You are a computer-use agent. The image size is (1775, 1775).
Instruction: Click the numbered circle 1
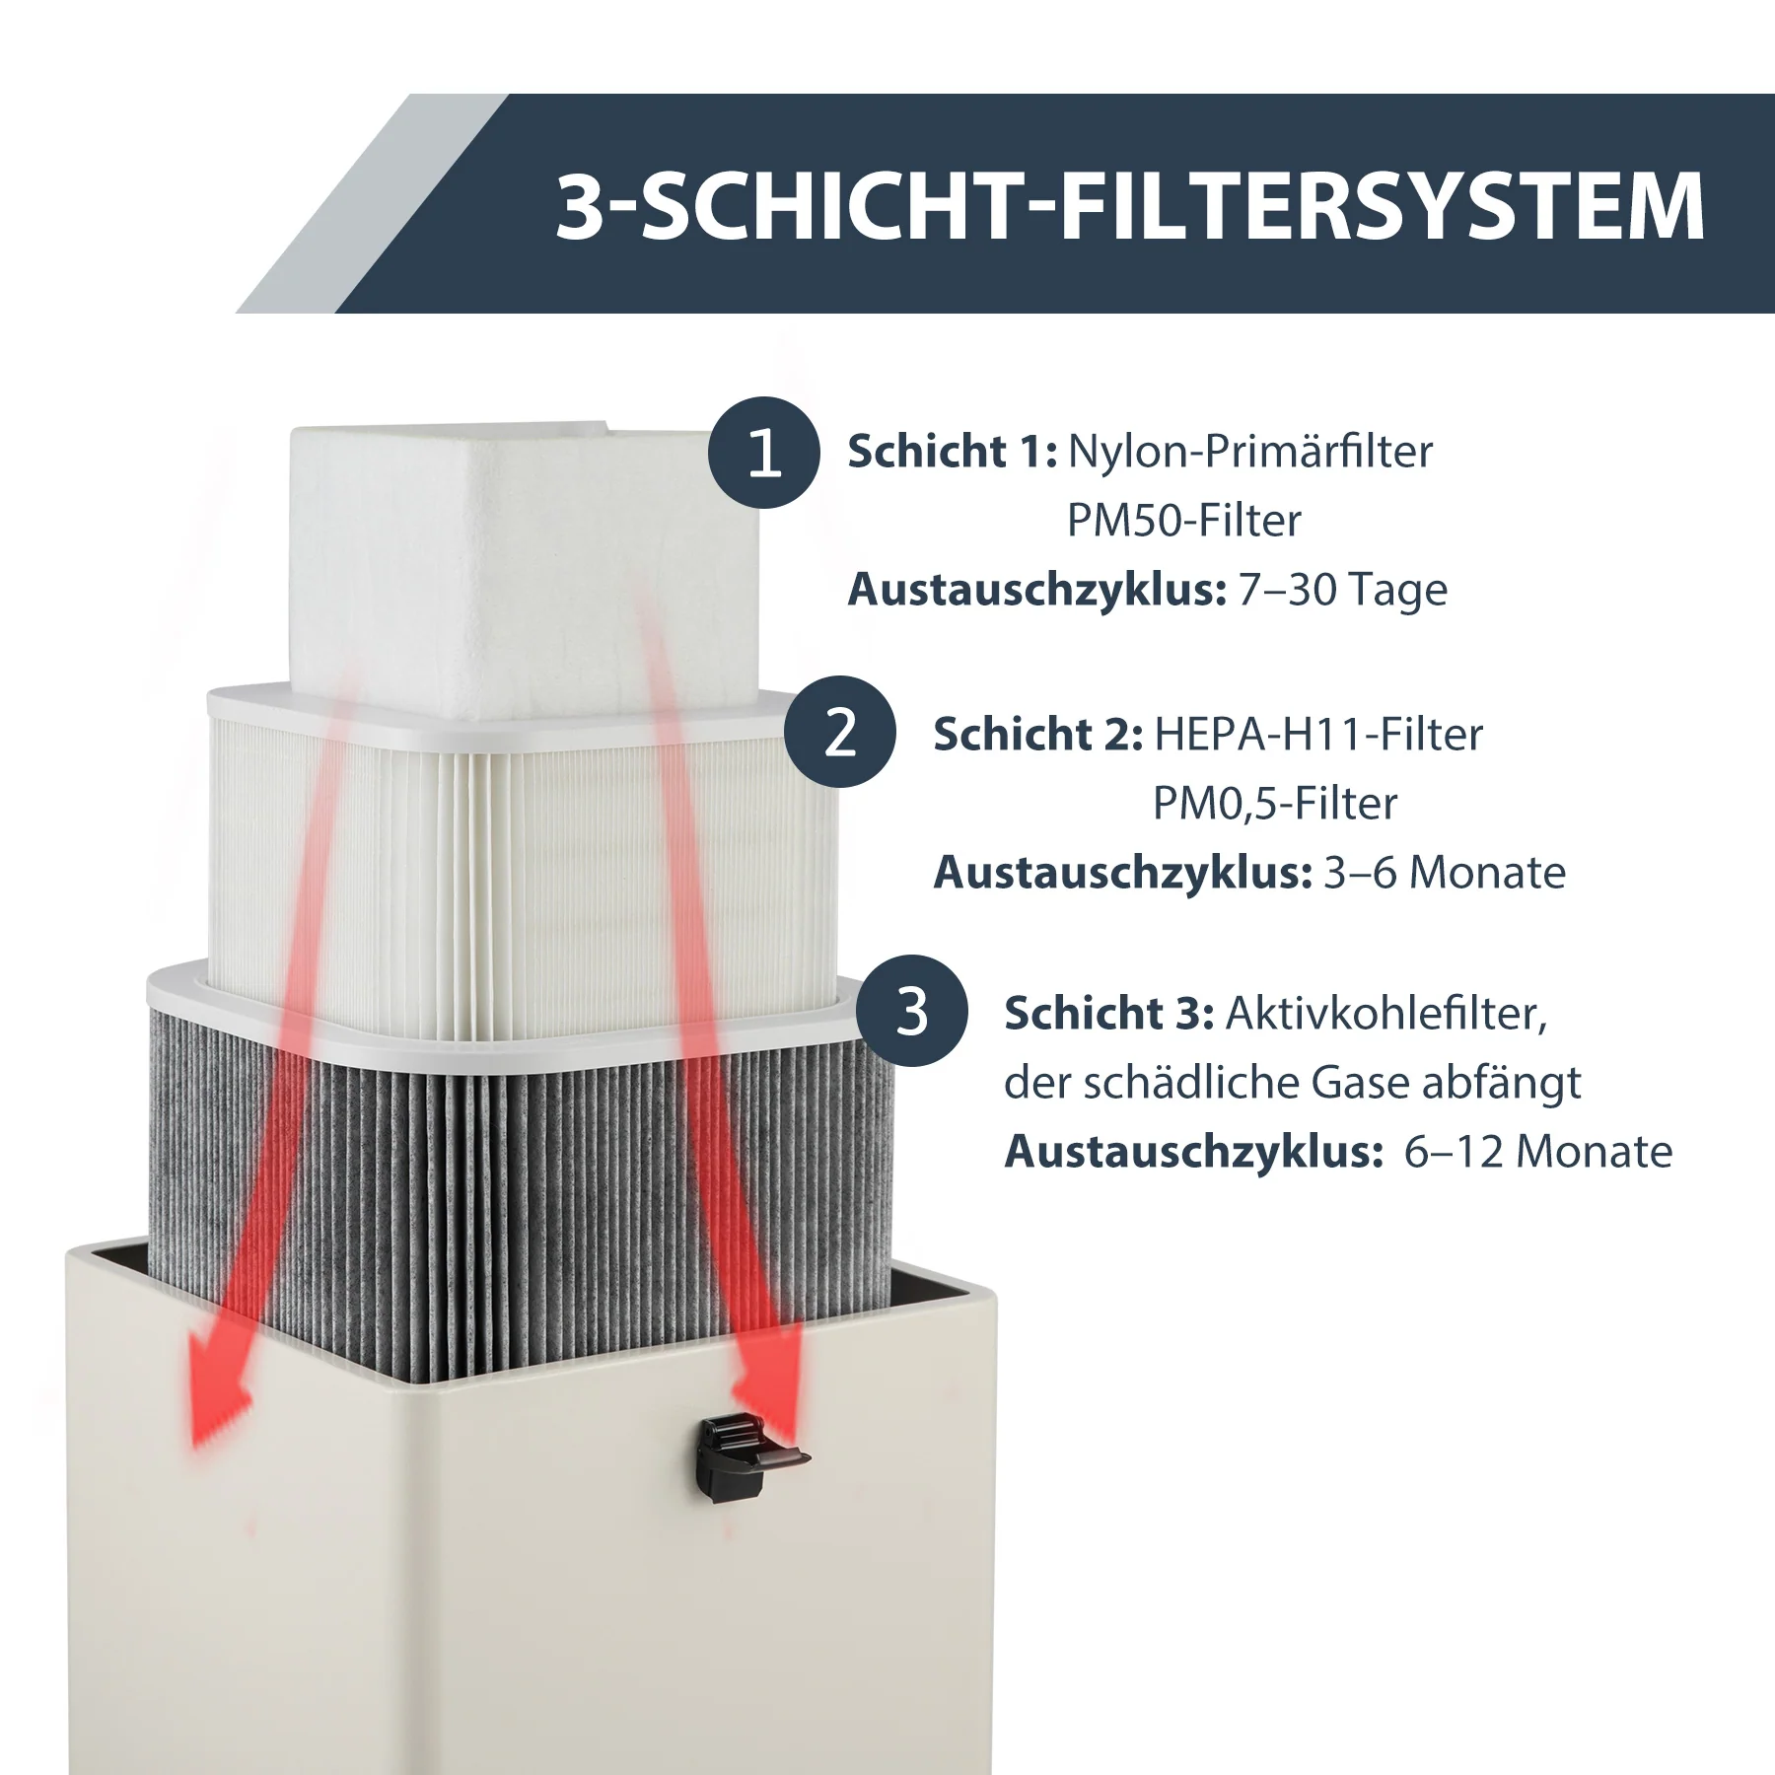point(764,453)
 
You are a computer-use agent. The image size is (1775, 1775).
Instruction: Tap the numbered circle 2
point(840,732)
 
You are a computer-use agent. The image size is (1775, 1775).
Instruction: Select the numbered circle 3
point(911,1011)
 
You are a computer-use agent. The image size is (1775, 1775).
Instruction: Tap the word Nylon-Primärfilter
point(1249,452)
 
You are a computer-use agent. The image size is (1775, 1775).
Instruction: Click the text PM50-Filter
point(1183,521)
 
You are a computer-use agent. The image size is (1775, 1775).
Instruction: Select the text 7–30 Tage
point(1342,590)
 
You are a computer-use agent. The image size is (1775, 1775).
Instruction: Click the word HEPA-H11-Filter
point(1317,735)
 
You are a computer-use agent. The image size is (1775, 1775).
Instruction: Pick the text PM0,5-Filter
point(1274,804)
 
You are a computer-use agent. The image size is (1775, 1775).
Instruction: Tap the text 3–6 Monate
point(1444,873)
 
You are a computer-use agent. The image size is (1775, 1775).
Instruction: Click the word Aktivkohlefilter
point(1385,1014)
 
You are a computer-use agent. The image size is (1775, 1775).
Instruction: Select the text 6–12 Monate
point(1537,1152)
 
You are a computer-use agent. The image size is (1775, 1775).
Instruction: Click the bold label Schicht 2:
point(1037,735)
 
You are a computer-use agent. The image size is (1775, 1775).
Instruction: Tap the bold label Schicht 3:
point(1108,1014)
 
